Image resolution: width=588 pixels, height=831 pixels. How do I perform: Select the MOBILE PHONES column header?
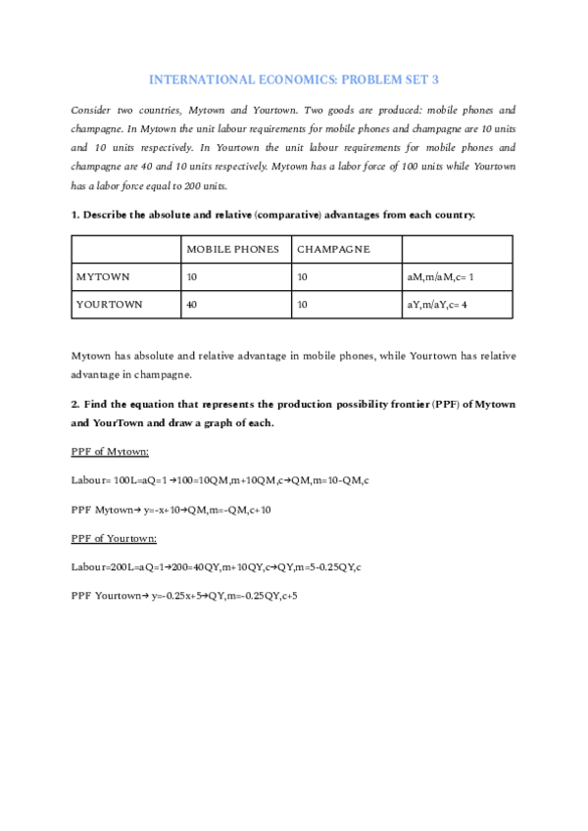[x=232, y=249]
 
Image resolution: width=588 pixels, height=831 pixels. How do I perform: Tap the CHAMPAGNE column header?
[x=333, y=249]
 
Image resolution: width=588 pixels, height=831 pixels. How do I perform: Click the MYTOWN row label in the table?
[x=103, y=277]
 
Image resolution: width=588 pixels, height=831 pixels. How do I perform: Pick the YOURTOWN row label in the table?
[x=109, y=305]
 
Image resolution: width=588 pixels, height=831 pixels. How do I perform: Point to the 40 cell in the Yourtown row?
[x=192, y=305]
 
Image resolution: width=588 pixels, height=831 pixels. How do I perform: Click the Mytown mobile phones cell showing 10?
[x=192, y=277]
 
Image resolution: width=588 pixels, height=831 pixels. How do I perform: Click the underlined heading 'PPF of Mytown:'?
[x=110, y=451]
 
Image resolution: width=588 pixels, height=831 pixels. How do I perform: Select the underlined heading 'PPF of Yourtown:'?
[x=114, y=538]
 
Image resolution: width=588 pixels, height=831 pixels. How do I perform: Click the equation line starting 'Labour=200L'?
[x=217, y=566]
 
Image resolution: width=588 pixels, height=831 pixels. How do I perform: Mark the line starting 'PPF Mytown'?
[x=171, y=510]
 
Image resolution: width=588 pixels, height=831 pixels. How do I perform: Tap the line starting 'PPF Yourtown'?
[x=184, y=595]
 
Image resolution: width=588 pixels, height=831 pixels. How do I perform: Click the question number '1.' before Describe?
[x=75, y=215]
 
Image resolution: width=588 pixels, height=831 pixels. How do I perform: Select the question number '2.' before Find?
[x=75, y=404]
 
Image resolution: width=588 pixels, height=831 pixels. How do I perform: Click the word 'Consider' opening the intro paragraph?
[x=93, y=110]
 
